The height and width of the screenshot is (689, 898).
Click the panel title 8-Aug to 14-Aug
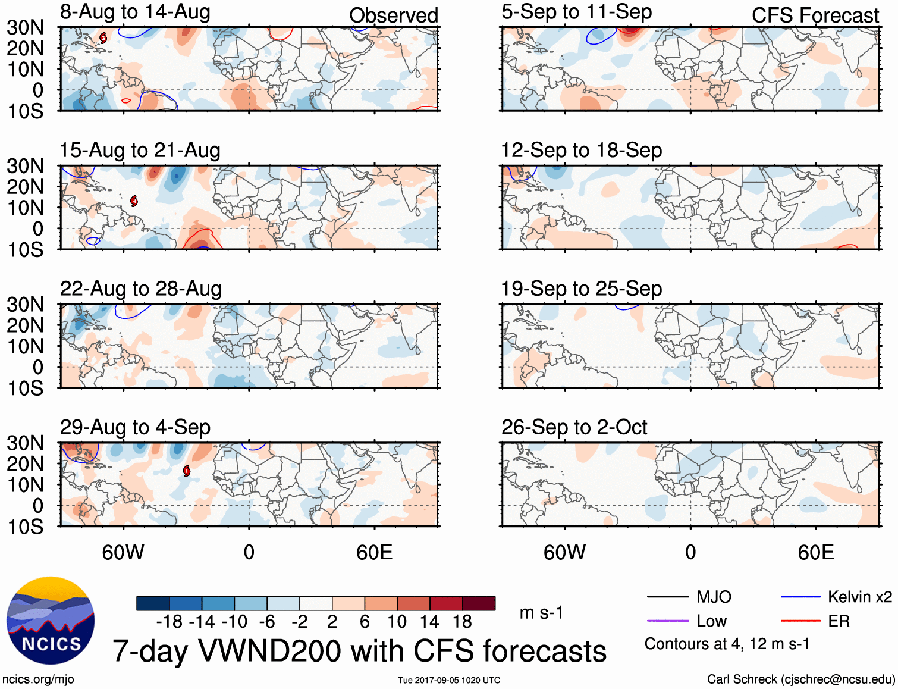coord(135,12)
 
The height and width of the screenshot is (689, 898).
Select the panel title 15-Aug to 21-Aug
coord(140,151)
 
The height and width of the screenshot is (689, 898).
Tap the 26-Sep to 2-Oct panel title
coord(574,427)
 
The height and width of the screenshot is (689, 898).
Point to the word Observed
coord(393,15)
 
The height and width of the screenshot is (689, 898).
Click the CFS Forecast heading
coord(815,15)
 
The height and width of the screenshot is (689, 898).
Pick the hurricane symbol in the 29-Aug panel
coord(187,471)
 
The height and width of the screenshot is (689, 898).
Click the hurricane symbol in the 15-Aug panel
coord(134,201)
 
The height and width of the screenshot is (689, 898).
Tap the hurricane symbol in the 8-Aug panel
coord(103,38)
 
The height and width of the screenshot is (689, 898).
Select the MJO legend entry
coord(714,597)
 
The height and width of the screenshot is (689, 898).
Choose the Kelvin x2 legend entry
coord(859,597)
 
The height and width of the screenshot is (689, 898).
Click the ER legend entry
coord(839,621)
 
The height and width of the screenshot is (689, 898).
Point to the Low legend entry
coord(711,621)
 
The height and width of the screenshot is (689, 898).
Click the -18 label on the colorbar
coord(169,622)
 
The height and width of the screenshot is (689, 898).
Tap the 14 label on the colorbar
coord(429,622)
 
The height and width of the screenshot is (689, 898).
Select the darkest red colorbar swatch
coord(479,603)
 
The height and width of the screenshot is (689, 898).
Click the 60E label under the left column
coord(374,552)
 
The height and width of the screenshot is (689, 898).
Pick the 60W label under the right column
coord(564,552)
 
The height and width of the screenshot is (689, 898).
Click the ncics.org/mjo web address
coord(38,679)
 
